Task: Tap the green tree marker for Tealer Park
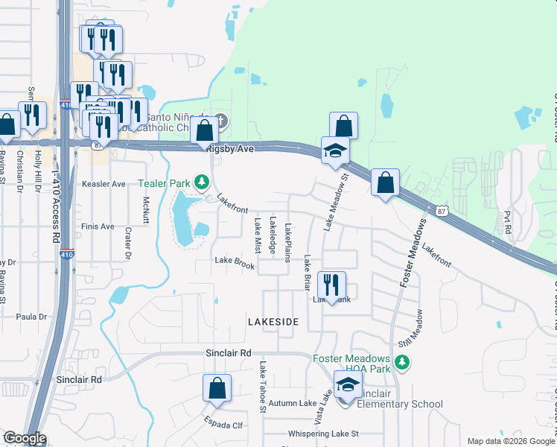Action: click(200, 182)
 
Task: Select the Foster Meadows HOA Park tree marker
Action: click(402, 362)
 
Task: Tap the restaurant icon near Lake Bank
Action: click(331, 285)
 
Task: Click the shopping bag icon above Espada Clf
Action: click(217, 388)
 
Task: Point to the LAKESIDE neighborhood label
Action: click(273, 321)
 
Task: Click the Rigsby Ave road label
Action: click(231, 149)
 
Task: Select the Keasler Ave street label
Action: click(104, 184)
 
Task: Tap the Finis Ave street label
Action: click(98, 226)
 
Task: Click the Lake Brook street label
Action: click(235, 263)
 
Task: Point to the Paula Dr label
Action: click(32, 317)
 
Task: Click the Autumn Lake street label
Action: click(293, 403)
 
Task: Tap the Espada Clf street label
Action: click(223, 425)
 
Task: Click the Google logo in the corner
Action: click(24, 438)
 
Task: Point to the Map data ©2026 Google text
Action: click(510, 441)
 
